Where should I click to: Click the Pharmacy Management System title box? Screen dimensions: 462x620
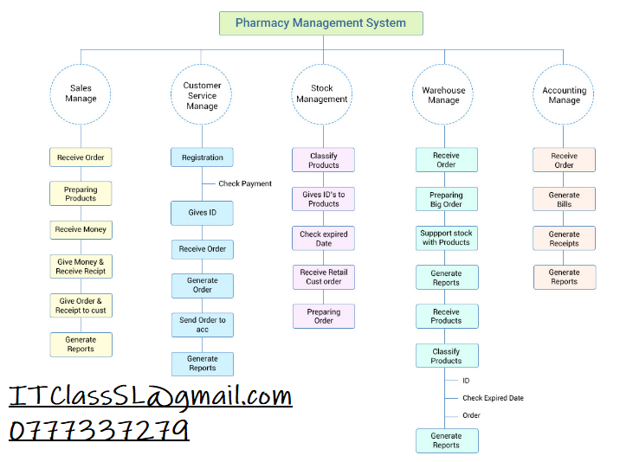point(320,23)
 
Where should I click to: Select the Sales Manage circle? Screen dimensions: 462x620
point(81,93)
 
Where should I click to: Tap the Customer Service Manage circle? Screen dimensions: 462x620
point(202,96)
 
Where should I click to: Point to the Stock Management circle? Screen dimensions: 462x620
point(322,93)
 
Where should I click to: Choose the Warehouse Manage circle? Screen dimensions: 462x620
point(443,95)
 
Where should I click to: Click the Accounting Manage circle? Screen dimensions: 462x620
point(564,95)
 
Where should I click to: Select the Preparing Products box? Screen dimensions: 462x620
point(81,194)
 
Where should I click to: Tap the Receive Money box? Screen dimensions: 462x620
point(81,230)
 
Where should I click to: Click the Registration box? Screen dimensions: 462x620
point(202,157)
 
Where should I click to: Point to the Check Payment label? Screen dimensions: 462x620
point(245,183)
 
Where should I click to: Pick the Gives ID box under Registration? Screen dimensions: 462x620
point(202,213)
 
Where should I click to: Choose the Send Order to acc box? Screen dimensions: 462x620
point(202,324)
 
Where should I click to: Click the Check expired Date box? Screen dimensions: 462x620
point(323,238)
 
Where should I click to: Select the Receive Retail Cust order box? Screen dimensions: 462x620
point(323,277)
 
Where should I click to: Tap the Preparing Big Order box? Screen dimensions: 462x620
point(446,200)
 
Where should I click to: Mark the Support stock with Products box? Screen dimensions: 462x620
point(446,238)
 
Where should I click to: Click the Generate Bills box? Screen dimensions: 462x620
point(564,200)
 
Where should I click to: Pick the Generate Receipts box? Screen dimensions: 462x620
point(564,239)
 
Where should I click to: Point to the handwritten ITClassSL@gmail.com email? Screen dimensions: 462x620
point(151,397)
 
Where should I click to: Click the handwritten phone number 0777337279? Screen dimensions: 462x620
point(99,430)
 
